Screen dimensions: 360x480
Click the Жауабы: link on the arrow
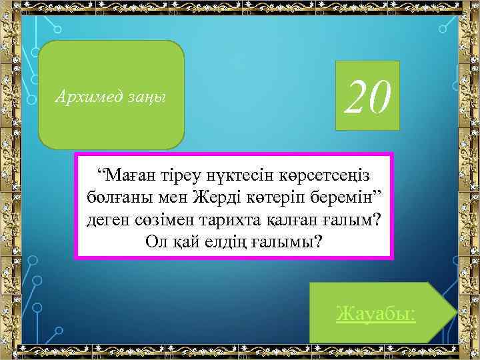(x=376, y=313)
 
